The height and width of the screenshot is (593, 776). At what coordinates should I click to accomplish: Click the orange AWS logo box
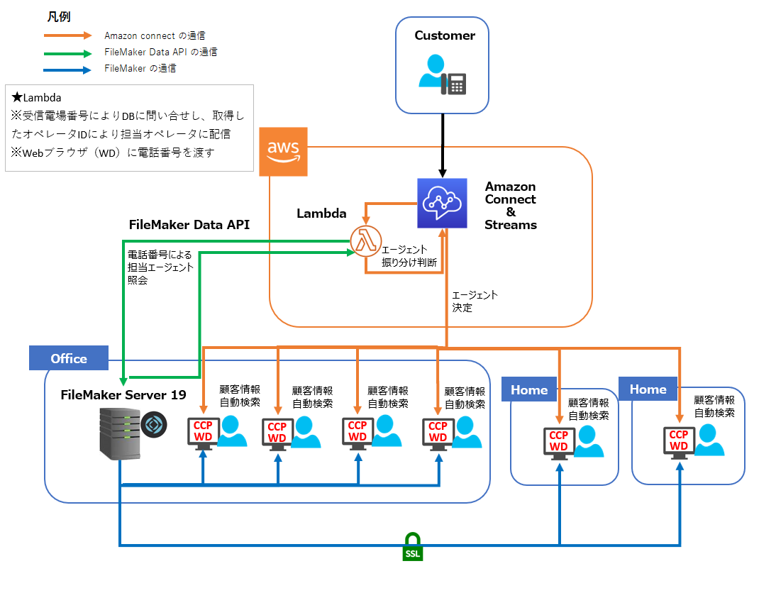tap(284, 152)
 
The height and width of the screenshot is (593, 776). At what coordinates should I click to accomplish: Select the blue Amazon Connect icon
tap(442, 204)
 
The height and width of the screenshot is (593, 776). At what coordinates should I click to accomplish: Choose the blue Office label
tap(69, 358)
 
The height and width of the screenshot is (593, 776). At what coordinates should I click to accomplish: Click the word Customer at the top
tap(445, 35)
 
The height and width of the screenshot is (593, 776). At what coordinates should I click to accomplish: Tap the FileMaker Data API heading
tap(189, 224)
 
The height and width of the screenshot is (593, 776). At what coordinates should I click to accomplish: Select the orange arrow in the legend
tap(68, 35)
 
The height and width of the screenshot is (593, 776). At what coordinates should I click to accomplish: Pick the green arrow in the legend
tap(68, 52)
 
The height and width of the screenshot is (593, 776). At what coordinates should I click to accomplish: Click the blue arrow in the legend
tap(68, 70)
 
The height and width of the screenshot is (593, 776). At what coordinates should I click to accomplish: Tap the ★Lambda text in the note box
tap(36, 98)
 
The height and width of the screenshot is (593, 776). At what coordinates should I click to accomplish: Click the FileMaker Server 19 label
tap(123, 394)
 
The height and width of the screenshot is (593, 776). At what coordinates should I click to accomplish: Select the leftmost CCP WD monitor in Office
tap(202, 432)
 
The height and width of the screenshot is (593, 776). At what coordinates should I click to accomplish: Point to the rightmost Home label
tap(648, 389)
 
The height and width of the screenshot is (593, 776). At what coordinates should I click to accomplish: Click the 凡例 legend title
tap(58, 16)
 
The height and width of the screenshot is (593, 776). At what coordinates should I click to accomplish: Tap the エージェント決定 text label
tap(475, 301)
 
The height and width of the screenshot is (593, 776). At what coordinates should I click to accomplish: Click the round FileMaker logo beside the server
tap(153, 426)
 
